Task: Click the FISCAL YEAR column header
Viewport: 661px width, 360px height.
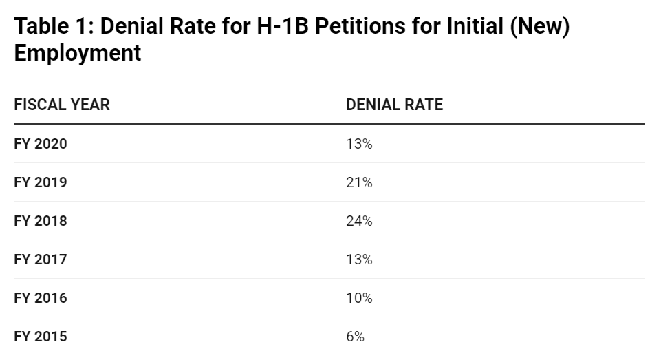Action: tap(62, 105)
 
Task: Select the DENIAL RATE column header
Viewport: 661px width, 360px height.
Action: tap(395, 105)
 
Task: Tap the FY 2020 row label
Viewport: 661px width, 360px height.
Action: tap(41, 144)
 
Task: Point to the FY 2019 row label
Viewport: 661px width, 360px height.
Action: tap(41, 182)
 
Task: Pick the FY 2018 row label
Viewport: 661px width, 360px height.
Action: tap(41, 221)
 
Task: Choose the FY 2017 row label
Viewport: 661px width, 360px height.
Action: tap(41, 259)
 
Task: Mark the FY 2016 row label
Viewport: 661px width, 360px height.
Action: tap(41, 298)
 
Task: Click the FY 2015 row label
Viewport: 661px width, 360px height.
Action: tap(41, 337)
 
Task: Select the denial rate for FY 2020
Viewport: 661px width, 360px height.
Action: tap(359, 144)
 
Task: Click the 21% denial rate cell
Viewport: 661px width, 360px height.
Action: tap(359, 182)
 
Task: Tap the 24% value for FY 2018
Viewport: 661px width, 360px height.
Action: tap(359, 221)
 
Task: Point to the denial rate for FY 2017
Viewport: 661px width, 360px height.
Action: tap(359, 259)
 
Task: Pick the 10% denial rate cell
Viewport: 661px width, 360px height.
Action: tap(359, 298)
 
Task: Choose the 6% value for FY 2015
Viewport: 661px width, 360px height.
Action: tap(356, 337)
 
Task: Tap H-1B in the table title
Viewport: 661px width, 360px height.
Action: tap(283, 25)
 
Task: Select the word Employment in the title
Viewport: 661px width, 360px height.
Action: tap(78, 53)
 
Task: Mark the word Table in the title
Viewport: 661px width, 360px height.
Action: tap(41, 25)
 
